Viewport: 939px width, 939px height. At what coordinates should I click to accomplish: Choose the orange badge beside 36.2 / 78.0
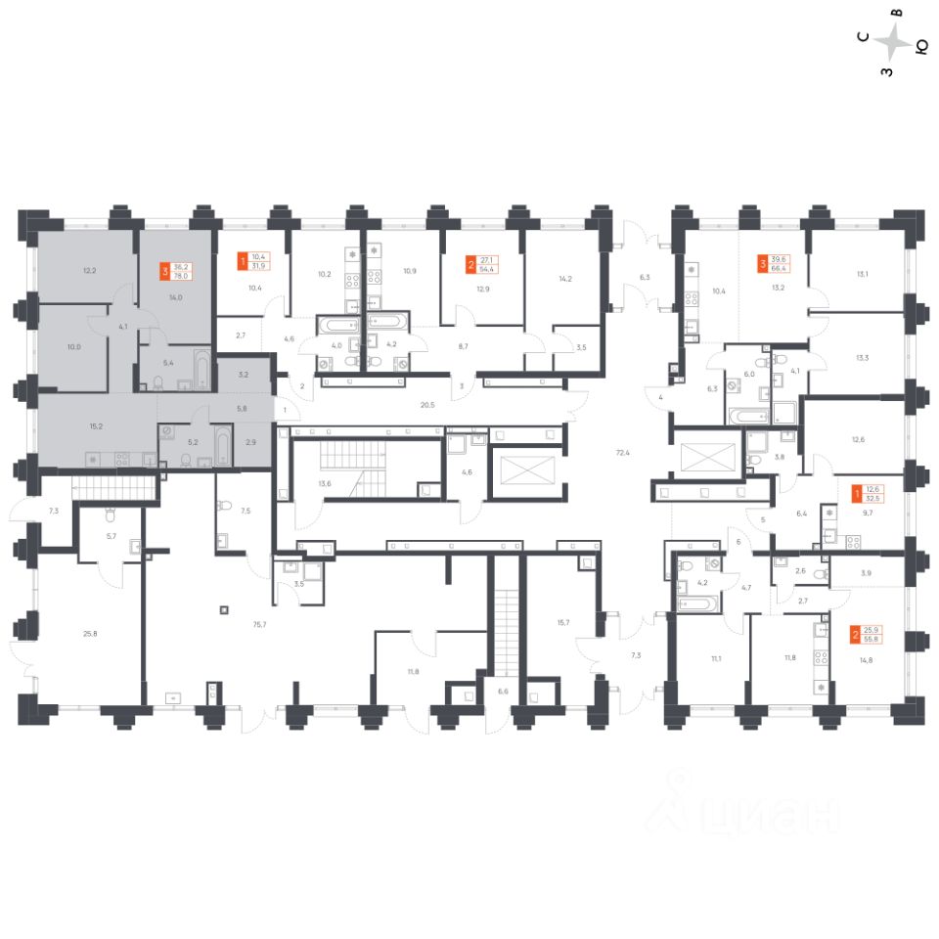pos(164,267)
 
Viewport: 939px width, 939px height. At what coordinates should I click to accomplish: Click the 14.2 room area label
pos(564,279)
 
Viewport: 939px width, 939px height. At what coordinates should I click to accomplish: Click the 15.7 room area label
pos(562,622)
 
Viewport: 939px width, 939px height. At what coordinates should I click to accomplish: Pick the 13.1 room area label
pos(862,274)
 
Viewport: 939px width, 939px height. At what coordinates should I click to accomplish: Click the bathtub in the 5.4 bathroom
pos(201,371)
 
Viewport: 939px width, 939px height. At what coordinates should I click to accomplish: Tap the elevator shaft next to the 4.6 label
pos(524,471)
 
